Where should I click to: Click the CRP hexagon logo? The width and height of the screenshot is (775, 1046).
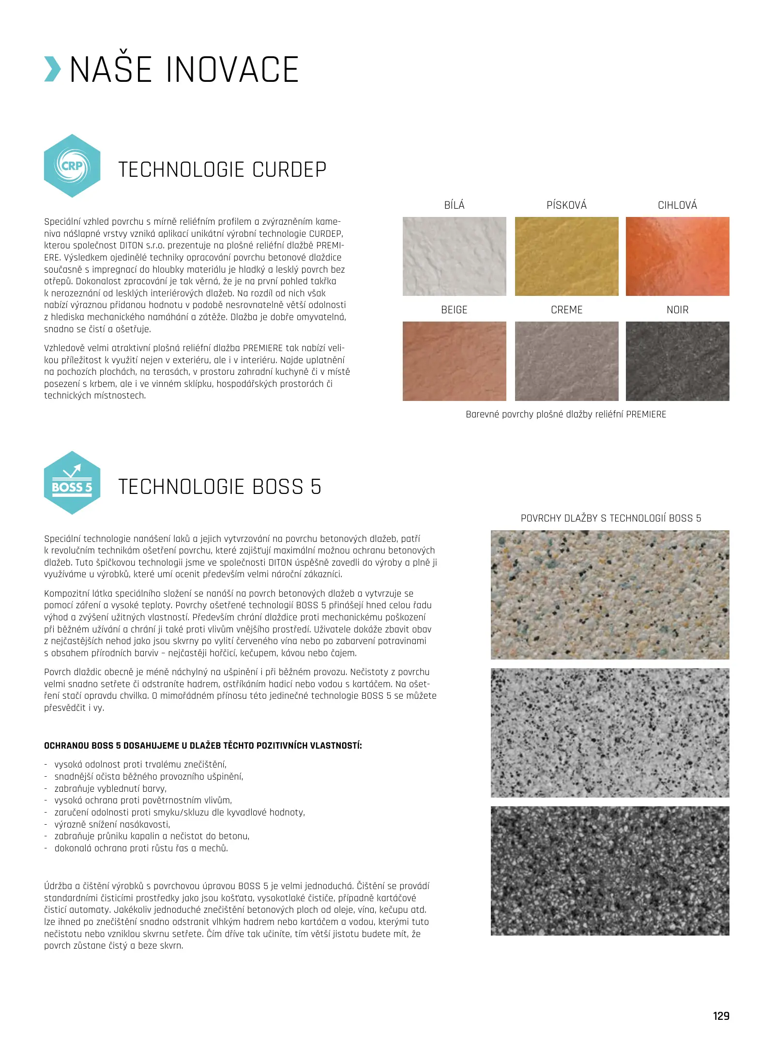[x=72, y=166]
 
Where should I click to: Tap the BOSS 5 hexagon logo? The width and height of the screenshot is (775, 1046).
[x=72, y=483]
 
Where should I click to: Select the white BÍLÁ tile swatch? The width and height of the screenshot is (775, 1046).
[x=454, y=256]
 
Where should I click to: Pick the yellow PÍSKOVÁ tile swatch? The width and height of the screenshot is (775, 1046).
[x=566, y=256]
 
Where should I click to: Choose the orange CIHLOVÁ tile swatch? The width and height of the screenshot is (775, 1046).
[x=677, y=256]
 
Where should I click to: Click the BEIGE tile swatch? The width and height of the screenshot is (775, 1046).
[x=454, y=361]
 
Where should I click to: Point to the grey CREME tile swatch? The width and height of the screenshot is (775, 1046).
[x=566, y=361]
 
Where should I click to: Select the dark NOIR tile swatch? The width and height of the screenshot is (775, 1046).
[x=677, y=361]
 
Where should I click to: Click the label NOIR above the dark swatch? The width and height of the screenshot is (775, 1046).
[x=677, y=310]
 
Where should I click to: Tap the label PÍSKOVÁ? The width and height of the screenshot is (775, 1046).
[x=566, y=205]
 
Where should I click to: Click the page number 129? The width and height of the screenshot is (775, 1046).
[x=721, y=1016]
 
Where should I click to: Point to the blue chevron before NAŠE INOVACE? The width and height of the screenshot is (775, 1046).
[x=52, y=69]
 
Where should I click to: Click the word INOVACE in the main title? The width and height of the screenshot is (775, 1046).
[x=232, y=70]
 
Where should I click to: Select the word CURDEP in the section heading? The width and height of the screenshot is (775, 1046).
[x=289, y=170]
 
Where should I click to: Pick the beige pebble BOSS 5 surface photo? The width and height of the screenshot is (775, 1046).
[x=609, y=595]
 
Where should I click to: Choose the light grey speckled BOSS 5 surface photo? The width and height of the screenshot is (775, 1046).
[x=609, y=733]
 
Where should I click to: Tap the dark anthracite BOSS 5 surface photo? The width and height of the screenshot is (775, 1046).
[x=609, y=871]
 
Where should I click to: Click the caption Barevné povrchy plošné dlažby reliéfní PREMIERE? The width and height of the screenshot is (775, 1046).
[x=566, y=415]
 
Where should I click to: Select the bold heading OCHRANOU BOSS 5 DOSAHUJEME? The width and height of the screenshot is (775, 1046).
[x=203, y=746]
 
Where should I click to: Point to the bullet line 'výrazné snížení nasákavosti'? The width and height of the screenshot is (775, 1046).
[x=112, y=824]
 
